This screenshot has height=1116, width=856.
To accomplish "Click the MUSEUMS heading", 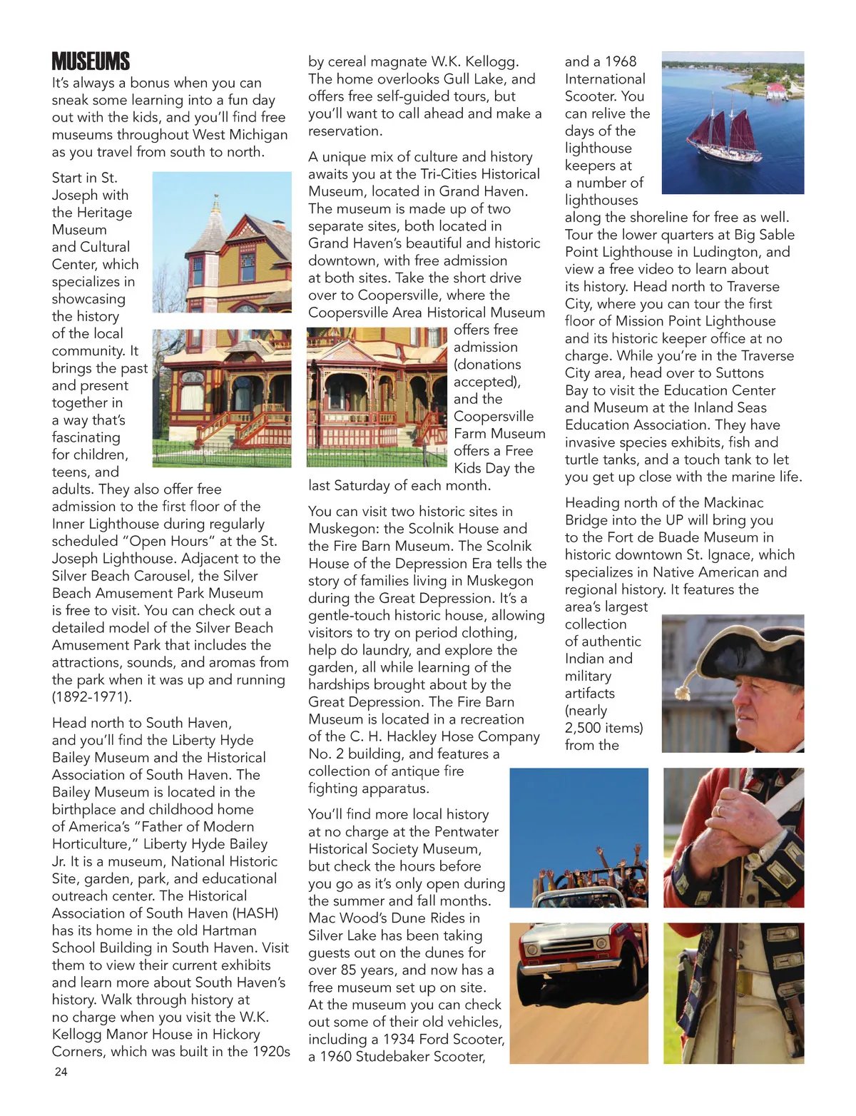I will pyautogui.click(x=91, y=61).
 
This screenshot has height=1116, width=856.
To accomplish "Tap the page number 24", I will pyautogui.click(x=61, y=1072).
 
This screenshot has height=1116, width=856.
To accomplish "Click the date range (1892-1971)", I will pyautogui.click(x=91, y=696).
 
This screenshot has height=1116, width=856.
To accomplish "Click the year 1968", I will pyautogui.click(x=620, y=61).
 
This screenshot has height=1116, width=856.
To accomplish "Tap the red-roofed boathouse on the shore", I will pyautogui.click(x=776, y=90).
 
